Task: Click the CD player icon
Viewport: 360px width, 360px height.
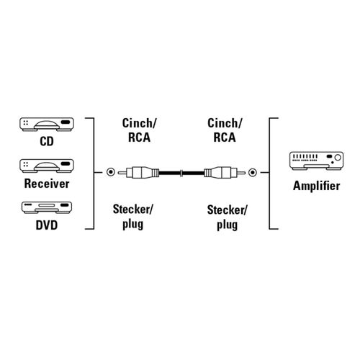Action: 47,124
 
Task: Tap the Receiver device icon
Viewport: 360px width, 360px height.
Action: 47,166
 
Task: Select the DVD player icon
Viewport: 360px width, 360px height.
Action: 47,207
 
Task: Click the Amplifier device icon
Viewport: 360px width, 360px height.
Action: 316,161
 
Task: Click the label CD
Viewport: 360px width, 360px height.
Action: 47,141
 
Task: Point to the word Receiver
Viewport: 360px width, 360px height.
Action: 47,184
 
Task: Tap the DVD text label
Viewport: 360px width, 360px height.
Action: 47,225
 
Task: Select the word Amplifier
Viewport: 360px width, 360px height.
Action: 316,186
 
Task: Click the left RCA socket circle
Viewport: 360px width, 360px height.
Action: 111,172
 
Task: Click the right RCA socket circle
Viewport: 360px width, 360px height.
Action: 252,172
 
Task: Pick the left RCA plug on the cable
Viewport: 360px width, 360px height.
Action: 138,172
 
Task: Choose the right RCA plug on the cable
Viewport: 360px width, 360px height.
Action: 225,172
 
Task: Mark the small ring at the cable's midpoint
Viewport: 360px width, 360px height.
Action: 181,172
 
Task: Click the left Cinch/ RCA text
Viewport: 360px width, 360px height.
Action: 139,130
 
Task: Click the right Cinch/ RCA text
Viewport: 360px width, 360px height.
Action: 225,130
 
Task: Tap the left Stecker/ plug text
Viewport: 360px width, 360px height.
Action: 132,217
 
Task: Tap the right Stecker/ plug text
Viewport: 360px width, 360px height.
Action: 227,217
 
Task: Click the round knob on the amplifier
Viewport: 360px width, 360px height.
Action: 338,158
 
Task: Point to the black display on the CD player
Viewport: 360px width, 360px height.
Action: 66,122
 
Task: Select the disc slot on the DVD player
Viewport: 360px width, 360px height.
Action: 47,205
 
